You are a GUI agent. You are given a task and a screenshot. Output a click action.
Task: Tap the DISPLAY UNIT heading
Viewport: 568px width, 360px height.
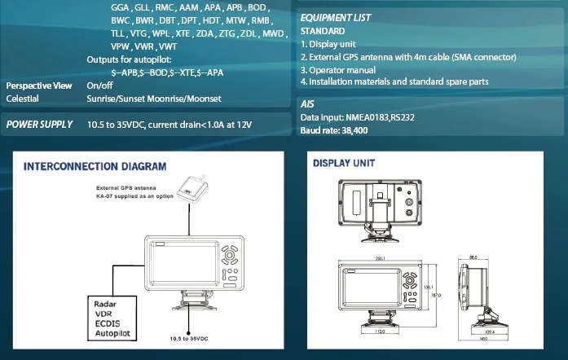tap(344, 163)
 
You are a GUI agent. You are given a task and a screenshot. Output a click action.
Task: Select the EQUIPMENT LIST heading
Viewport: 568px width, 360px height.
tap(336, 18)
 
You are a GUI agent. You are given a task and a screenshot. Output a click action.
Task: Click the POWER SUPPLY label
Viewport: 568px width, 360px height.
tap(40, 125)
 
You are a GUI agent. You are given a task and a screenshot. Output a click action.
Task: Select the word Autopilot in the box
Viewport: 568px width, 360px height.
tap(114, 334)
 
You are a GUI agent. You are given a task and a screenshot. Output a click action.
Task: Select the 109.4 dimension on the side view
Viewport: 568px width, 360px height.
tap(490, 332)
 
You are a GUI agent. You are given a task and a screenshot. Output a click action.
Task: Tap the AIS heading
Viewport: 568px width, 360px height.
tap(307, 104)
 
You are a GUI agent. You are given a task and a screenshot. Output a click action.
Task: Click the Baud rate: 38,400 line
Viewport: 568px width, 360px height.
tap(333, 130)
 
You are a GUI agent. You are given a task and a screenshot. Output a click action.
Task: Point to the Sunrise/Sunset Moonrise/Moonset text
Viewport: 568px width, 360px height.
tap(155, 99)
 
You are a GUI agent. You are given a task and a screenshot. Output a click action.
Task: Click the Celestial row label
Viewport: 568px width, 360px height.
tap(22, 99)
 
